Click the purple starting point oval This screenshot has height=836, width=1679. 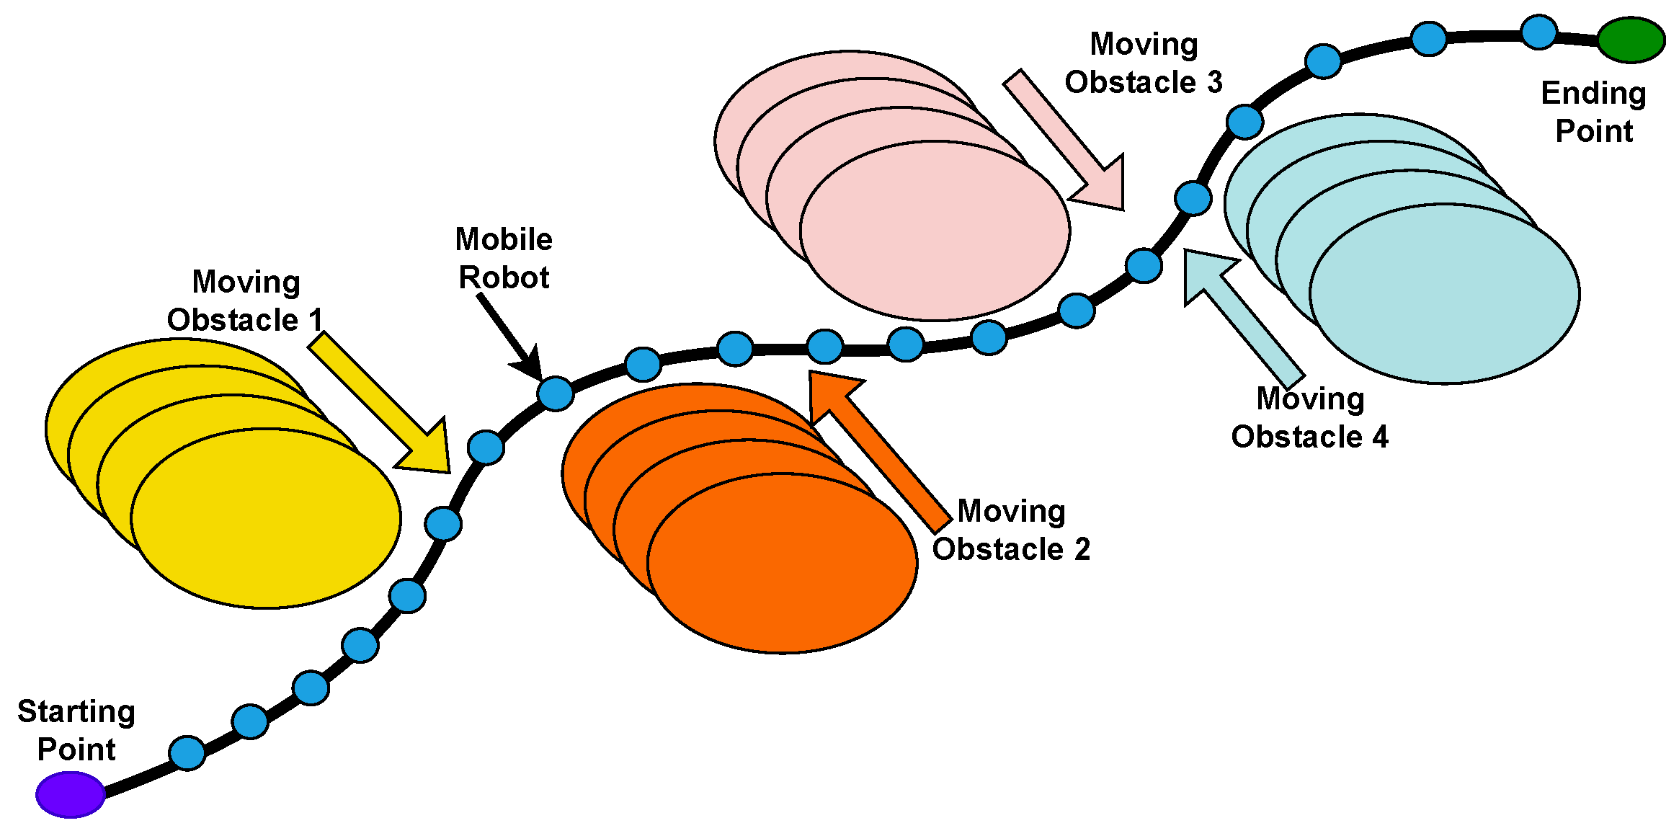pyautogui.click(x=71, y=794)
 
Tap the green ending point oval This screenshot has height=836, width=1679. pyautogui.click(x=1631, y=40)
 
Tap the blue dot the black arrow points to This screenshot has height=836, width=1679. pyautogui.click(x=556, y=393)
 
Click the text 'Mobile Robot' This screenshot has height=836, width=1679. pyautogui.click(x=504, y=258)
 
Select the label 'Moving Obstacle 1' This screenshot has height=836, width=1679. pyautogui.click(x=245, y=301)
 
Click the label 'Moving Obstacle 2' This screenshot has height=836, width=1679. pyautogui.click(x=1011, y=530)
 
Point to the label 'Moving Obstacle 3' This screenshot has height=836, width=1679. pyautogui.click(x=1144, y=63)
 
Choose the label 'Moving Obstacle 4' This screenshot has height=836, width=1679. pyautogui.click(x=1309, y=417)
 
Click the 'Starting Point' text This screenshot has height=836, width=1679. pyautogui.click(x=76, y=730)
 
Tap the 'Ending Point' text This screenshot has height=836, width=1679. pyautogui.click(x=1593, y=112)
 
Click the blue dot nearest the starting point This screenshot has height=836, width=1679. pyautogui.click(x=187, y=753)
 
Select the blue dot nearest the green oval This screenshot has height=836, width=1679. pyautogui.click(x=1538, y=32)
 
